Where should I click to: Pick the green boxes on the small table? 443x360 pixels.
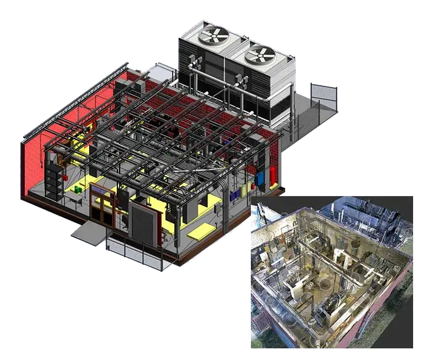(78, 189)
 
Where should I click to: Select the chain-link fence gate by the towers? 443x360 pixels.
(323, 96)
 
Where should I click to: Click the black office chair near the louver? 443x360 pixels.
(125, 220)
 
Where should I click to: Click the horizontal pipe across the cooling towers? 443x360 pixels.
(221, 81)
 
